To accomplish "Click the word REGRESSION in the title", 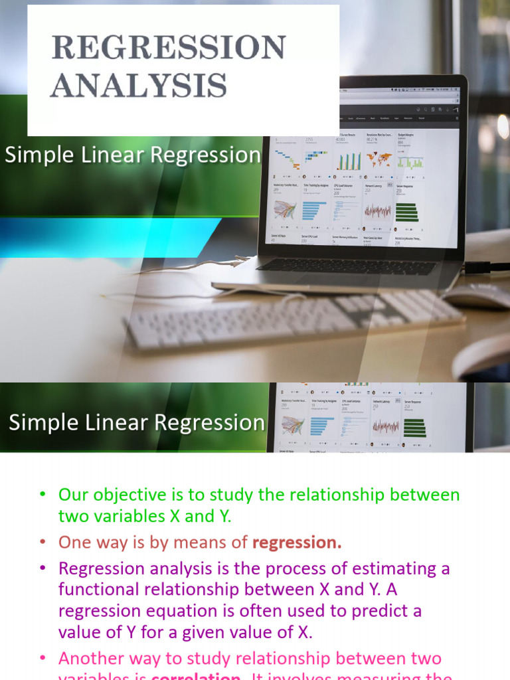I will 169,48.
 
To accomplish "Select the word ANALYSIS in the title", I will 139,86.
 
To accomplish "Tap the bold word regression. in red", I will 297,543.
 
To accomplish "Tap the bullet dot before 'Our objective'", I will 43,495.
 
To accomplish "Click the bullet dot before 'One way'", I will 43,543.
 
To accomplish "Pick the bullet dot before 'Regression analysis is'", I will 43,568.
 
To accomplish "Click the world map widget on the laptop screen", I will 380,160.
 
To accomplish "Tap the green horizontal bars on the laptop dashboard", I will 406,212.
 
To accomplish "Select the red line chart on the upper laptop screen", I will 377,211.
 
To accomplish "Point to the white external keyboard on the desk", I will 292,319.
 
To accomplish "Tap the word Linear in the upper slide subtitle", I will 109,155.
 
